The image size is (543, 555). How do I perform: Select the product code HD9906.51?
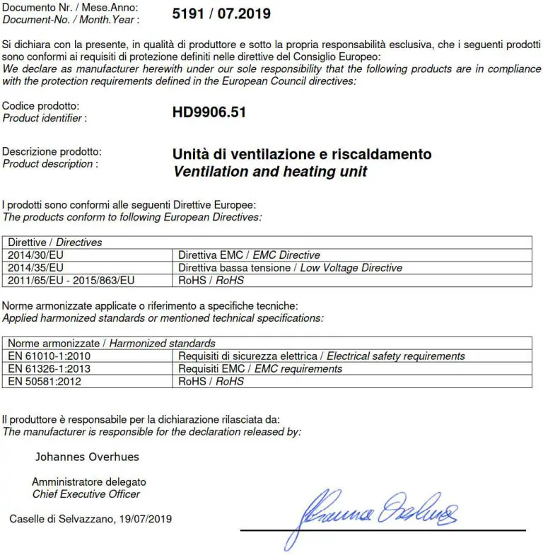[x=209, y=112]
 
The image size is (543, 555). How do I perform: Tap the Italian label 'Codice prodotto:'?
[x=41, y=106]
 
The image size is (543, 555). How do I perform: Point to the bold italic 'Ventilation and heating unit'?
[x=270, y=171]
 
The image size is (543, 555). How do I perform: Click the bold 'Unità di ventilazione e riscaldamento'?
[x=302, y=154]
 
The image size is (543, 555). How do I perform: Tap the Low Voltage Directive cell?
[x=290, y=267]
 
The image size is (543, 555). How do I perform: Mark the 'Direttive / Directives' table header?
[x=55, y=242]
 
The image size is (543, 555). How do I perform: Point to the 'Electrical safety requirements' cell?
[x=322, y=356]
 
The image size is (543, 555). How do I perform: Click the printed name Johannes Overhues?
[x=87, y=457]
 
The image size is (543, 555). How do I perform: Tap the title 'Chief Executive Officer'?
[x=86, y=494]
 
